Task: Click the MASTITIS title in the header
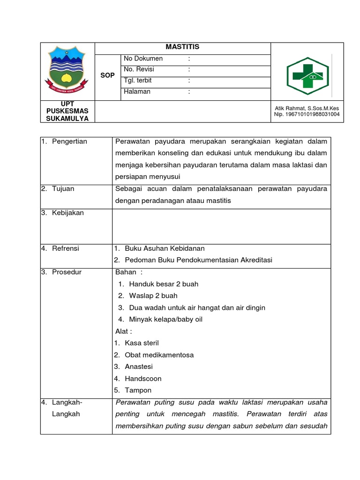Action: [x=182, y=47]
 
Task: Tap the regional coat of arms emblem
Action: [x=67, y=71]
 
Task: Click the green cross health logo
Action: [x=307, y=73]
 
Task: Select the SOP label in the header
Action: [x=107, y=75]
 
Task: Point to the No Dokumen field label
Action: [x=143, y=59]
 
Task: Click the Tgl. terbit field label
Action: [x=138, y=81]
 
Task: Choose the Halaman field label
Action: [x=137, y=91]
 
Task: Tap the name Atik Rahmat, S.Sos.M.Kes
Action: [x=307, y=108]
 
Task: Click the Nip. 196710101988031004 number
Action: [x=307, y=114]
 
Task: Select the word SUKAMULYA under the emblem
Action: [x=67, y=119]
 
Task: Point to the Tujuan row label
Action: [x=63, y=189]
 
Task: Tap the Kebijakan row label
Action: [x=67, y=213]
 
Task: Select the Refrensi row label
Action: [x=66, y=248]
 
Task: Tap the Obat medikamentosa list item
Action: [x=159, y=355]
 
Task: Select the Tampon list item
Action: [x=138, y=390]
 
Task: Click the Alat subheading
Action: [x=123, y=331]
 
